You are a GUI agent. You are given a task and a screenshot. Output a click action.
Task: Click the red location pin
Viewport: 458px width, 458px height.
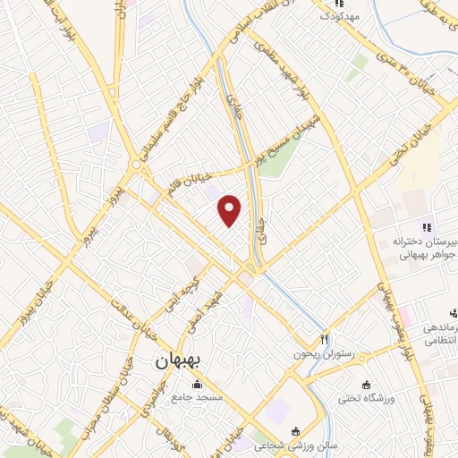pos(231,211)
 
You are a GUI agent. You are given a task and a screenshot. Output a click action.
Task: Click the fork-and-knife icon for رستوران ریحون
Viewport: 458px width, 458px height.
pos(326,340)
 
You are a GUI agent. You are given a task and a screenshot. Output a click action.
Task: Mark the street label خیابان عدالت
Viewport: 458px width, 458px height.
pos(133,323)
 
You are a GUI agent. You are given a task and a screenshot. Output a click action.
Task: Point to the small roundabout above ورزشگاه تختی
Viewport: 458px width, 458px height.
pos(343,366)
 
